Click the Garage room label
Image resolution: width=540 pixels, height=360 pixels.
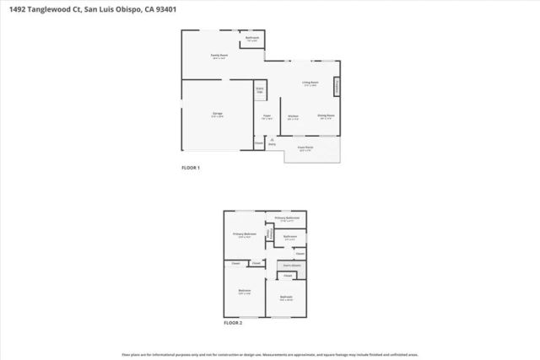[x=218, y=114]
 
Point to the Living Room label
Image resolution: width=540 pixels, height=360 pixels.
[x=310, y=83]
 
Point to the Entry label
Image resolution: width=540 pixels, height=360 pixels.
[x=272, y=142]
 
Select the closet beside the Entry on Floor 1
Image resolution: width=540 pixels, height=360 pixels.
[x=258, y=142]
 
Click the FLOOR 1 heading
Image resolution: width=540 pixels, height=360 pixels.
[x=191, y=168]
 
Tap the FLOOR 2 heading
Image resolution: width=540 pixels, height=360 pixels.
[x=233, y=323]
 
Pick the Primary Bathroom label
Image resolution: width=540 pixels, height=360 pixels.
[x=288, y=218]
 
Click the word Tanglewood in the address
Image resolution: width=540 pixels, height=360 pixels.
[x=58, y=7]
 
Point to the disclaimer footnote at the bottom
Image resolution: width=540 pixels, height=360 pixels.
[x=270, y=354]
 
